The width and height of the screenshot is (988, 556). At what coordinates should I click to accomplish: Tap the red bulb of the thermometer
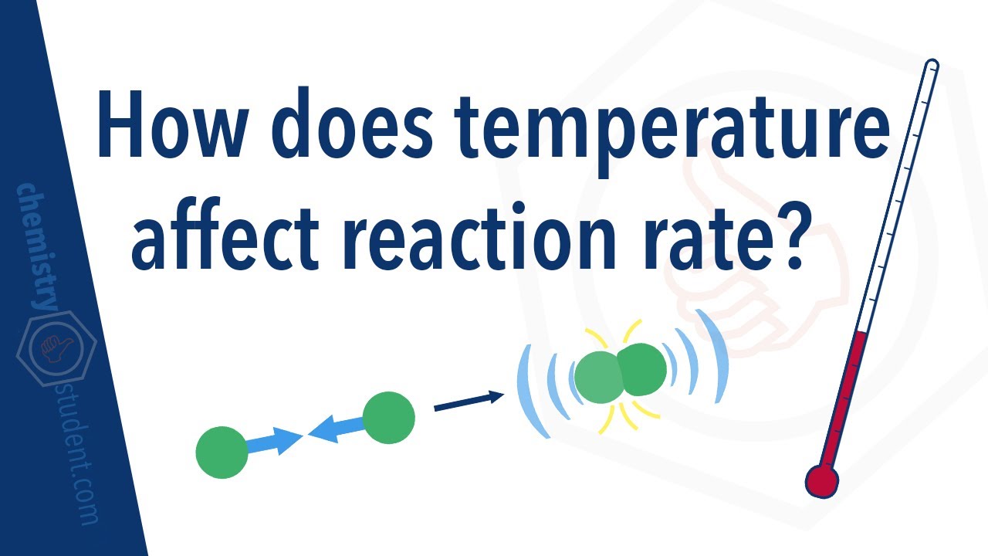pos(821,481)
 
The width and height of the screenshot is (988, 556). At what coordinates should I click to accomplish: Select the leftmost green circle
pos(222,452)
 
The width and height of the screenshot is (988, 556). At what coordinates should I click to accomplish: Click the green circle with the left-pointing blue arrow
pos(388,418)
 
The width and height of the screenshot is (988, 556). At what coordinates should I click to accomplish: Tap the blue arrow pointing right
pos(273,442)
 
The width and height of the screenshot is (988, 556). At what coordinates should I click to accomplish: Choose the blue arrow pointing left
pos(337,429)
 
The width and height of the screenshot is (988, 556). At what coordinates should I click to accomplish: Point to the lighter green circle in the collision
pos(599,377)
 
